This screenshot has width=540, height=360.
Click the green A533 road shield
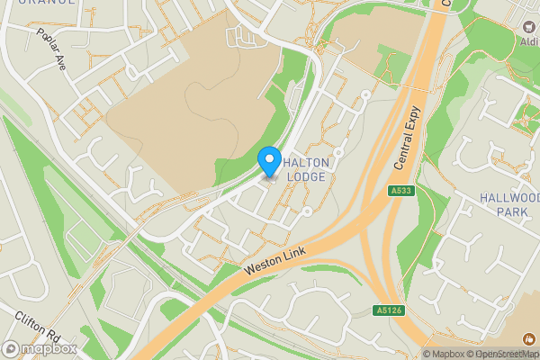point(401,192)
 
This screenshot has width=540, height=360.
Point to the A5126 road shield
point(387,310)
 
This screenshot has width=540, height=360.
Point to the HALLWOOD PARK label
point(509,204)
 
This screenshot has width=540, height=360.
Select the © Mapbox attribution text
point(445,354)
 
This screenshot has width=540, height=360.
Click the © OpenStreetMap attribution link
point(504,354)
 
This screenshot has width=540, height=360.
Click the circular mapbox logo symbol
point(11,349)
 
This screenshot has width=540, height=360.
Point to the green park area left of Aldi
point(481,36)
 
